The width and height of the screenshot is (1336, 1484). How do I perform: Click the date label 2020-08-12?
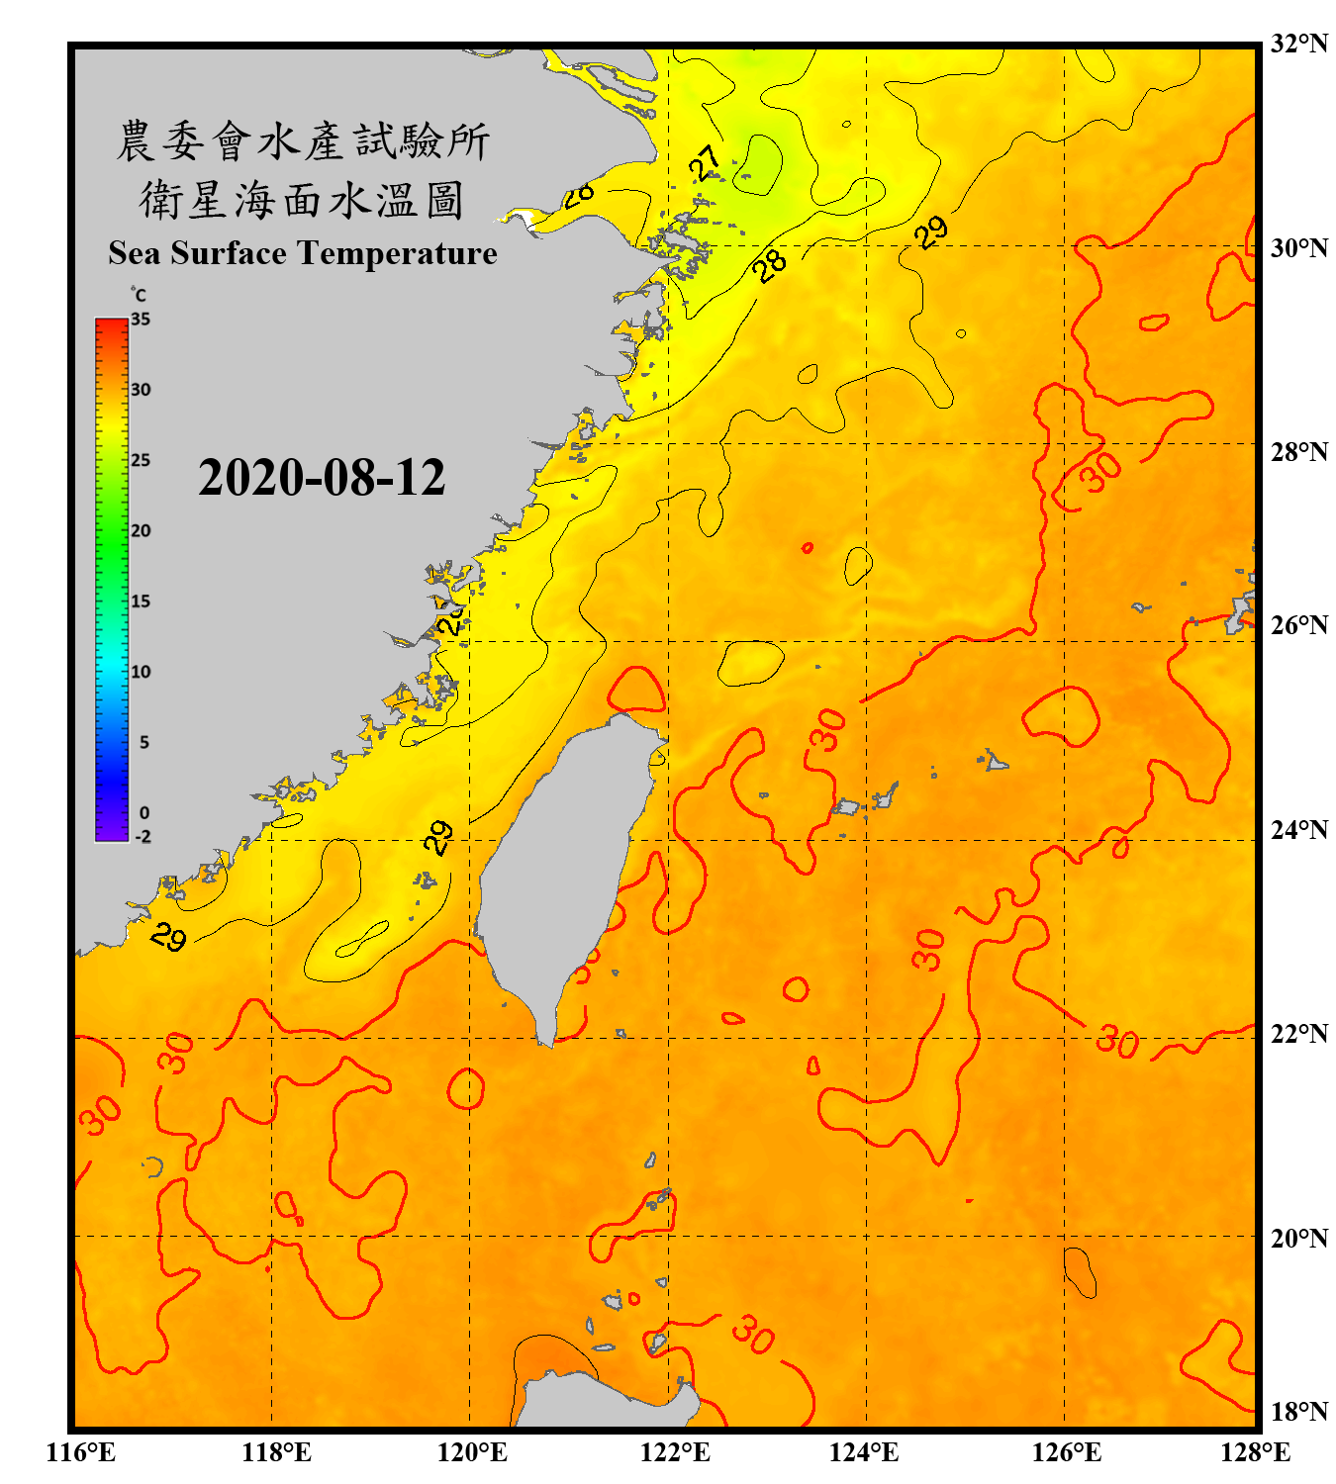click(x=322, y=477)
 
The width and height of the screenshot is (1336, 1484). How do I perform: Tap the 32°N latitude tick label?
click(x=1299, y=44)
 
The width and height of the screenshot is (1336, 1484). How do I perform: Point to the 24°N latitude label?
click(x=1299, y=829)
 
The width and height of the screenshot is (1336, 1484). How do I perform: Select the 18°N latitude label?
click(x=1299, y=1411)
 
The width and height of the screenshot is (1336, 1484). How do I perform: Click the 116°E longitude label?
click(x=81, y=1452)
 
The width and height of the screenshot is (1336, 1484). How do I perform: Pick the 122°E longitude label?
click(x=675, y=1452)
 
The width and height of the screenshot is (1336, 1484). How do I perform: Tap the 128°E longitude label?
click(x=1255, y=1452)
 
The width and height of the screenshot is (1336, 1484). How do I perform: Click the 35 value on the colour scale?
click(x=141, y=319)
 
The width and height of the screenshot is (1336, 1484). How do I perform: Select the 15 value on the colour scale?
click(x=141, y=601)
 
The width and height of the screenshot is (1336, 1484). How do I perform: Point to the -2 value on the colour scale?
click(x=143, y=836)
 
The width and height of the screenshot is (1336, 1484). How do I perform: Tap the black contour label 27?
click(x=705, y=162)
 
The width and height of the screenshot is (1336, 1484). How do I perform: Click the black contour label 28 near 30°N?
click(x=769, y=264)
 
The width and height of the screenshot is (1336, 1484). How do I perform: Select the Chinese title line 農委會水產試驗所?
click(x=303, y=141)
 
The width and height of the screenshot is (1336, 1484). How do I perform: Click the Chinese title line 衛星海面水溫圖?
click(x=302, y=200)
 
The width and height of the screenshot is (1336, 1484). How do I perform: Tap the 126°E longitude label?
click(x=1066, y=1452)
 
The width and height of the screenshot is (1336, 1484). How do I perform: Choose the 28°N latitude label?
click(x=1299, y=451)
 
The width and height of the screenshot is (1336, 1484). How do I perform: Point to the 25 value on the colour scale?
click(x=141, y=460)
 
